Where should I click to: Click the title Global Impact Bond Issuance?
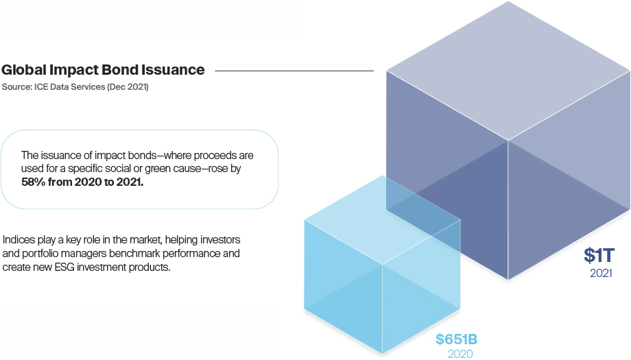103,70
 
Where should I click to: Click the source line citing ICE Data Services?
75,87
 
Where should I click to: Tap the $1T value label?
599,256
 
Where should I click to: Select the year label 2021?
600,273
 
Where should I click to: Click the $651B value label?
456,339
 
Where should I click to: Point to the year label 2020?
460,354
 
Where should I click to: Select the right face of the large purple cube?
569,171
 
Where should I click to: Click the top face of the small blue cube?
383,221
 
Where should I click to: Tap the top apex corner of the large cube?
508,2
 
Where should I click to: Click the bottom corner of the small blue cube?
382,355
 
